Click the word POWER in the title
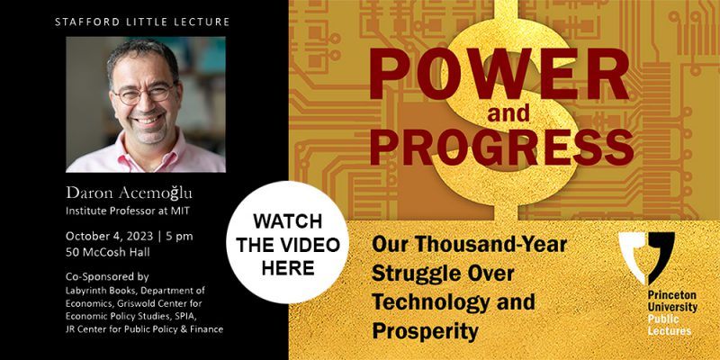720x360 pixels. coord(499,75)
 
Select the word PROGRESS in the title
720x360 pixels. coord(502,147)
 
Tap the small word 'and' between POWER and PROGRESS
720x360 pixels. coord(508,113)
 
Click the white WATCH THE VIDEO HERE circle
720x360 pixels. coord(287,242)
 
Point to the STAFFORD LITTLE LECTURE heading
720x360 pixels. coord(142,22)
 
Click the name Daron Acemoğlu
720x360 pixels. coord(129,193)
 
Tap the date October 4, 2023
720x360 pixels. coord(109,237)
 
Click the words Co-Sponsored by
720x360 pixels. coord(107,277)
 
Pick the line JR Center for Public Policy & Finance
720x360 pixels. coord(144,329)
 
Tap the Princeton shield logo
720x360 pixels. coord(646,258)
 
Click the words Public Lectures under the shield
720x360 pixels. coord(670,325)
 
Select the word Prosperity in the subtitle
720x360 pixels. coord(425,331)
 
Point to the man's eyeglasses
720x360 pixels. coord(144,94)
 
